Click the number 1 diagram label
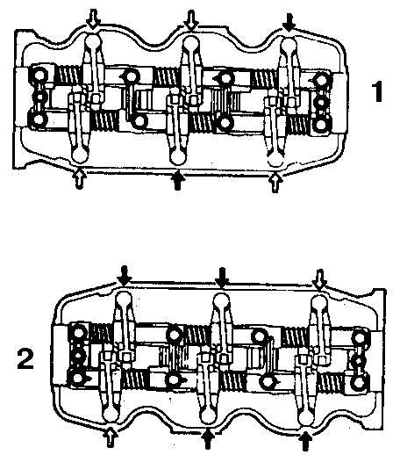coord(378,92)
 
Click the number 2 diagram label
coord(25,357)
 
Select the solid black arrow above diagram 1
coord(289,24)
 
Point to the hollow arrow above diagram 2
coord(319,280)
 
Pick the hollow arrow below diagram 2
coord(111,437)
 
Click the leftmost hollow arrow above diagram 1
coord(93,19)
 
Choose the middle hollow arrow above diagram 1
coord(191,20)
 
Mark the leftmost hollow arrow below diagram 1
coord(79,178)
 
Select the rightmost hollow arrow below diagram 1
coord(275,183)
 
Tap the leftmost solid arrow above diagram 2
coord(125,276)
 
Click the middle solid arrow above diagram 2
coord(222,278)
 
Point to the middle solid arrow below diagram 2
coord(208,438)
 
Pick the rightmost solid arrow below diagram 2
coord(305,440)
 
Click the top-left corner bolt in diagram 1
coord(39,76)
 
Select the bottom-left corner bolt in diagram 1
coord(39,119)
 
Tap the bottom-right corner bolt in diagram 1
coord(321,124)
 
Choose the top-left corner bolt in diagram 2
coord(78,333)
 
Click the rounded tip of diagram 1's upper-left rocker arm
coord(93,41)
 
